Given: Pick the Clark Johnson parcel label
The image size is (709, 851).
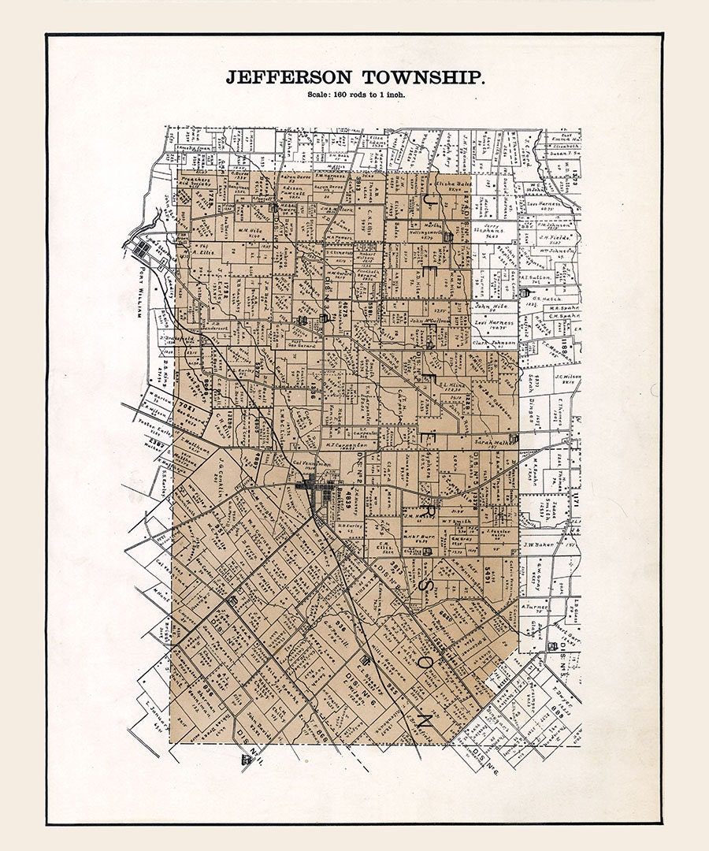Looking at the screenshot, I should [494, 343].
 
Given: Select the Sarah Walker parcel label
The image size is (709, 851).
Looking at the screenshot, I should [494, 443].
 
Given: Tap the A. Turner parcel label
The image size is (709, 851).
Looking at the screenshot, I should [533, 607].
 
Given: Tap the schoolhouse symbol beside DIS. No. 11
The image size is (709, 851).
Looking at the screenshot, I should [247, 760].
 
